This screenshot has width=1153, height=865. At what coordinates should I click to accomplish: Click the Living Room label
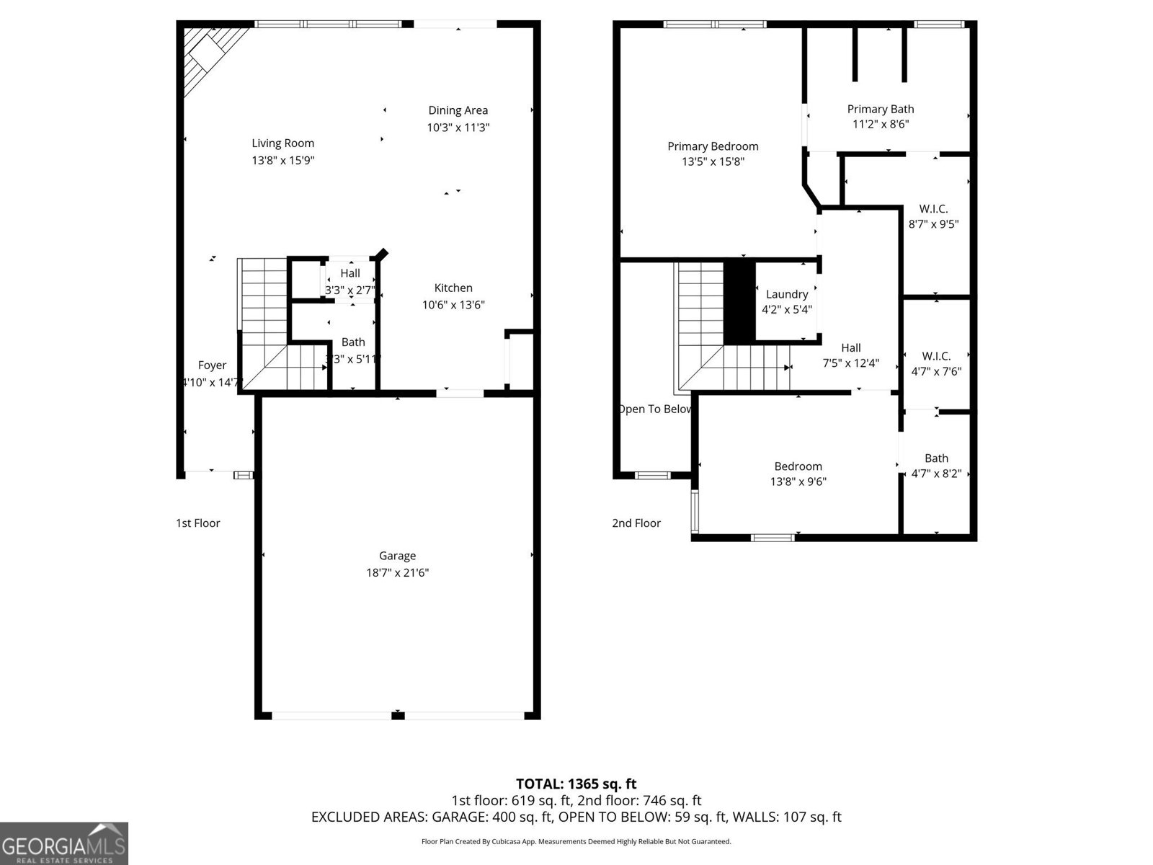pyautogui.click(x=282, y=143)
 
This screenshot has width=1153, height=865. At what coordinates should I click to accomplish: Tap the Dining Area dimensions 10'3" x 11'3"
pyautogui.click(x=458, y=128)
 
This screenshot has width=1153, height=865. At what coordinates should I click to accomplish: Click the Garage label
pyautogui.click(x=397, y=556)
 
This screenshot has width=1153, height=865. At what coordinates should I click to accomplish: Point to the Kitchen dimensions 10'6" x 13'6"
pyautogui.click(x=453, y=305)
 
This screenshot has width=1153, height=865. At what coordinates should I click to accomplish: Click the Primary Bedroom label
pyautogui.click(x=713, y=146)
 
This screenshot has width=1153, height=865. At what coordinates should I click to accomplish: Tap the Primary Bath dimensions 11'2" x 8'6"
pyautogui.click(x=881, y=124)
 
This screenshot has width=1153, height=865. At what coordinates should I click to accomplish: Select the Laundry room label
pyautogui.click(x=787, y=294)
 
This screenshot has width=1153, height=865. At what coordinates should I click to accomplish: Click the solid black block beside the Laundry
pyautogui.click(x=739, y=302)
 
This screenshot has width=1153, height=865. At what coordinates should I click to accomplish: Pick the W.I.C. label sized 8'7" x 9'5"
pyautogui.click(x=933, y=209)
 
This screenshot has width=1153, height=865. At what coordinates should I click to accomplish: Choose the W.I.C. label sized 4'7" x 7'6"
pyautogui.click(x=936, y=356)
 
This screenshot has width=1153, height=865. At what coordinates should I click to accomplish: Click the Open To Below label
pyautogui.click(x=654, y=409)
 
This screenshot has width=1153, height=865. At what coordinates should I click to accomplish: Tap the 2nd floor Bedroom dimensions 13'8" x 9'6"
pyautogui.click(x=798, y=482)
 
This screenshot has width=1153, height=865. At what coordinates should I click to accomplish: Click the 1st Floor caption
pyautogui.click(x=198, y=523)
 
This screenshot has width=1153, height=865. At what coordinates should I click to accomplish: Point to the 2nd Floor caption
pyautogui.click(x=636, y=523)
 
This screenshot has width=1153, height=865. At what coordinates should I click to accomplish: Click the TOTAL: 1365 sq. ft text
pyautogui.click(x=576, y=784)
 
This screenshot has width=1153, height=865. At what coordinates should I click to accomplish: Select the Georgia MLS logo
pyautogui.click(x=64, y=843)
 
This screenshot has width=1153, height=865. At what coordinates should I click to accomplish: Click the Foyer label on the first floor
pyautogui.click(x=212, y=365)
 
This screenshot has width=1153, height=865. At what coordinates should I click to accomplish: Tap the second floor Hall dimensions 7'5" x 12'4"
pyautogui.click(x=850, y=363)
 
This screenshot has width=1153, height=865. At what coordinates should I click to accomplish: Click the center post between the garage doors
pyautogui.click(x=398, y=715)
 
